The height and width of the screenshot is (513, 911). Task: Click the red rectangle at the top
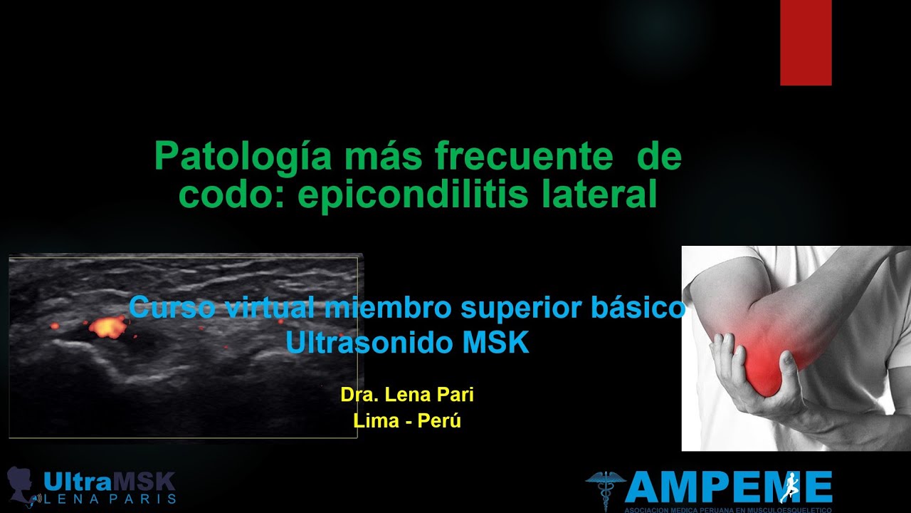[x=806, y=43]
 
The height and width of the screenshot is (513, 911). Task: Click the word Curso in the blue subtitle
[x=173, y=309]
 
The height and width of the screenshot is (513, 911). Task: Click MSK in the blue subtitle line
[x=496, y=343]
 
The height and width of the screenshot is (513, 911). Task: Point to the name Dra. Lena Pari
[x=407, y=395]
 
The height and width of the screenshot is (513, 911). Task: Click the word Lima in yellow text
[x=375, y=420]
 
